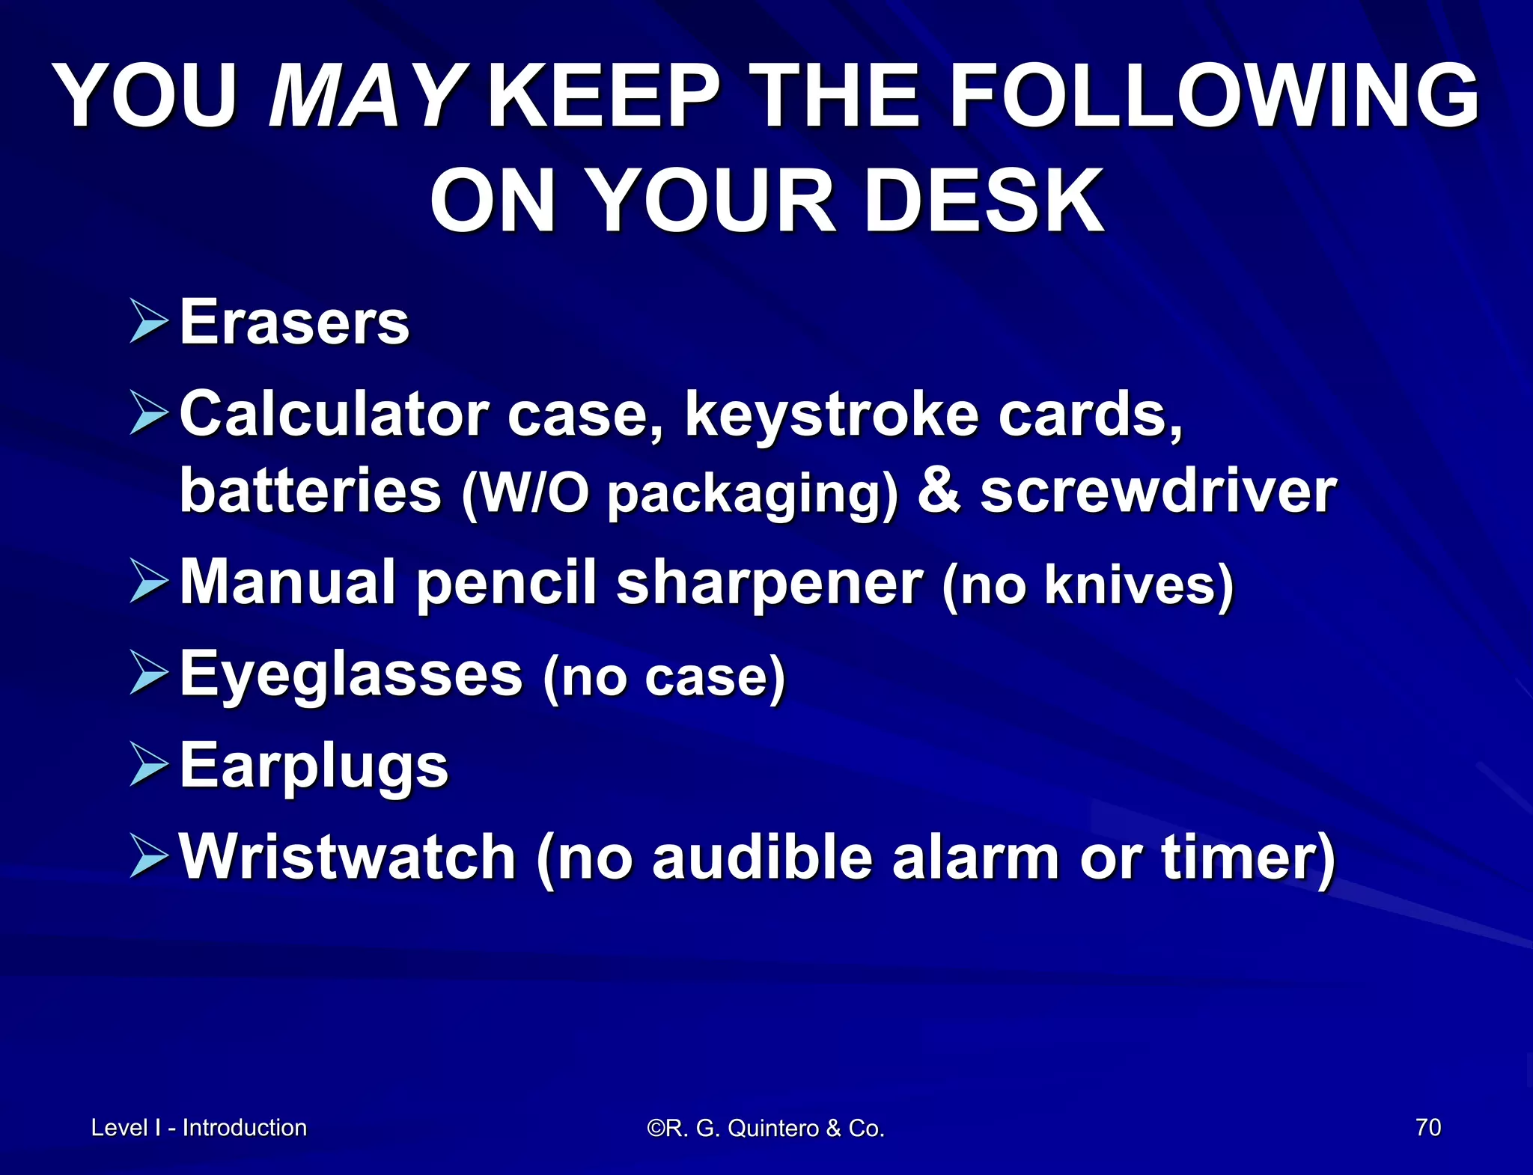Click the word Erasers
[294, 323]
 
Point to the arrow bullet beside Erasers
[148, 322]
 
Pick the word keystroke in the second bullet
[832, 415]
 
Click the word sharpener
[769, 585]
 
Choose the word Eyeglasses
[351, 677]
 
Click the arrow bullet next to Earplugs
[148, 764]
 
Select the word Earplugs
[314, 767]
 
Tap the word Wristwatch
[348, 857]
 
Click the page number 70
[1428, 1127]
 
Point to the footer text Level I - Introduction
[199, 1128]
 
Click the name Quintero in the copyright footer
[772, 1129]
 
